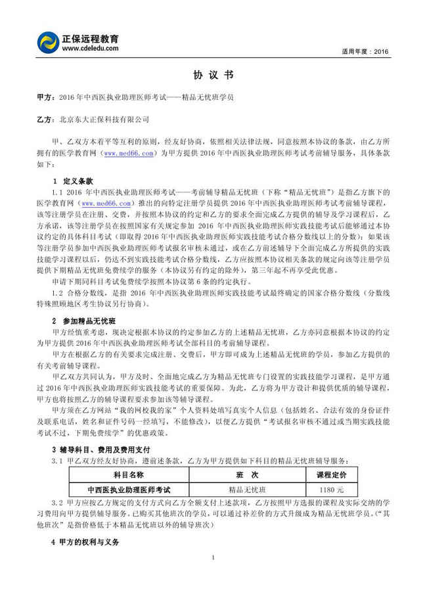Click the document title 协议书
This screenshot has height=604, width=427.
point(213,75)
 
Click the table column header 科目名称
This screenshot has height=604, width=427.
point(128,475)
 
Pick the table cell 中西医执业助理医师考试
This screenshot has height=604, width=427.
point(128,490)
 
